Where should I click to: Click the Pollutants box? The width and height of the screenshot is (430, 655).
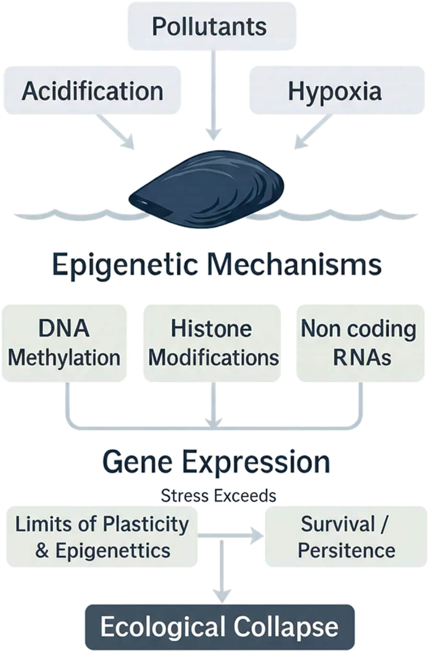pos(212,26)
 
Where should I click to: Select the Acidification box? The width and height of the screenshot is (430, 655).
pos(92,90)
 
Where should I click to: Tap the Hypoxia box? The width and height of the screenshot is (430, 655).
pos(337,90)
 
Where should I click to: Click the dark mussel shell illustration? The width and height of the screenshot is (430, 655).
pos(207,188)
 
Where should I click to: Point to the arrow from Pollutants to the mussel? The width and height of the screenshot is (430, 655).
pos(214,95)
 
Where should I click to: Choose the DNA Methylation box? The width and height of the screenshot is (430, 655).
pos(64,343)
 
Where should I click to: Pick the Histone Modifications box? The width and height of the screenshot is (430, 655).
pos(212,343)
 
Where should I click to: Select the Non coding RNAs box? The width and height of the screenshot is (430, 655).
pos(360,343)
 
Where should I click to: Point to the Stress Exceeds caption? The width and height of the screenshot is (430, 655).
pos(218,496)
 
